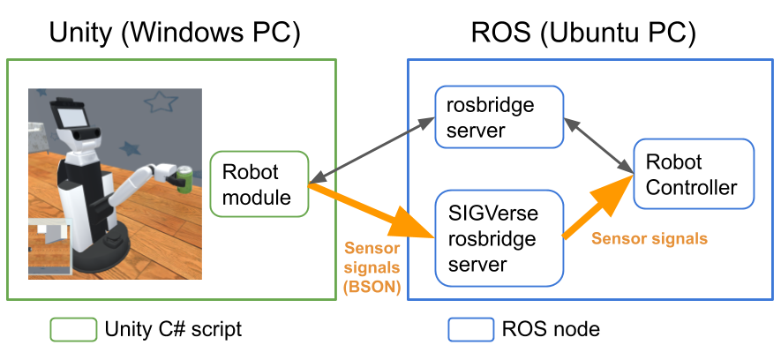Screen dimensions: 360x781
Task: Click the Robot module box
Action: [x=259, y=184]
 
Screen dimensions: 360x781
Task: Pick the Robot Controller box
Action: [x=694, y=174]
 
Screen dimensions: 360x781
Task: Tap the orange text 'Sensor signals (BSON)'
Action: [x=372, y=268]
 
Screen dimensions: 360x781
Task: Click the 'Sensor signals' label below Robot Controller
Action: [x=649, y=238]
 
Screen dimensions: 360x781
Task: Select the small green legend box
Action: [x=73, y=330]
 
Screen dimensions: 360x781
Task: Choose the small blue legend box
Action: [x=471, y=330]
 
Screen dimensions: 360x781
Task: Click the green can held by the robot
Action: [x=184, y=179]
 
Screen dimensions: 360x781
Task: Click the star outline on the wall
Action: [x=161, y=102]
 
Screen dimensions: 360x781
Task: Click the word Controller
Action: [x=691, y=186]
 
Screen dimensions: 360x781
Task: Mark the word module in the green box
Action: [x=256, y=197]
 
